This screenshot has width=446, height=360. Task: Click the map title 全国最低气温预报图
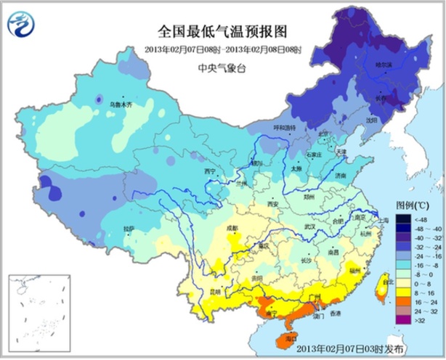(223, 32)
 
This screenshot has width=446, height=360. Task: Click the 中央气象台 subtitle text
(223, 68)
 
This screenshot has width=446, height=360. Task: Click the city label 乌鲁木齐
(121, 105)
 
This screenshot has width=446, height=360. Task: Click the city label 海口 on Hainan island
(291, 338)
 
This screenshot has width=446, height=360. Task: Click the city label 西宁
(211, 172)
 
